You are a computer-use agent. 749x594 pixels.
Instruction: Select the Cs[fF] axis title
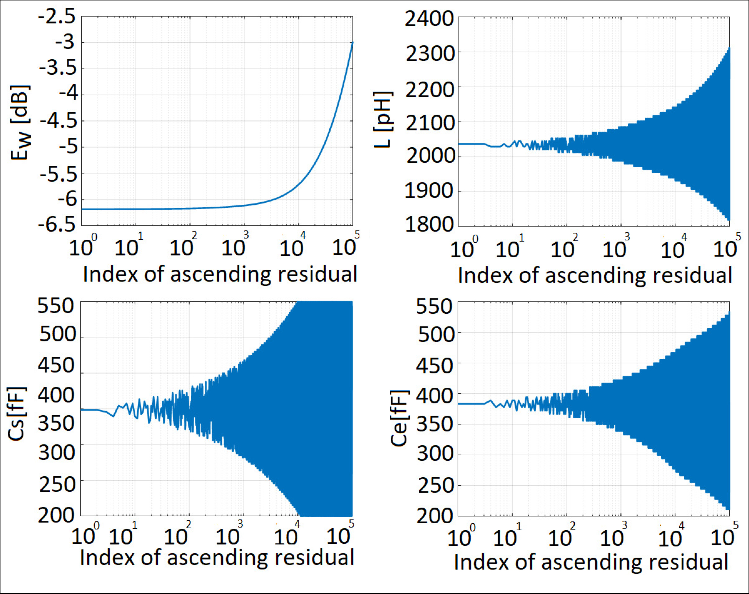(17, 413)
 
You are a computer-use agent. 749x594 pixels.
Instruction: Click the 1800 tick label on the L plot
(429, 224)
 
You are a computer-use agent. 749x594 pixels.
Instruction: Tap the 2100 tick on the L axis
(429, 122)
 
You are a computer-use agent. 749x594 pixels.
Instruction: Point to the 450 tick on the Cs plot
(56, 365)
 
